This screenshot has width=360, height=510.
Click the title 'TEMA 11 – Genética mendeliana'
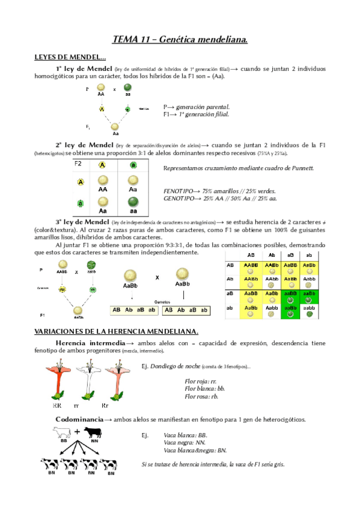(180, 40)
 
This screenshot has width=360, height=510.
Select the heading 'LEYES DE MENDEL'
(70, 57)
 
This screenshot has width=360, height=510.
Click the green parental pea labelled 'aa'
(127, 88)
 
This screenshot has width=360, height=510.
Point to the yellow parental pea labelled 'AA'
(101, 88)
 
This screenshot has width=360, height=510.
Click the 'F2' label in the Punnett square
(78, 164)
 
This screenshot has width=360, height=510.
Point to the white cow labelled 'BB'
(63, 432)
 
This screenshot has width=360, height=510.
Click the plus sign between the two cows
(77, 431)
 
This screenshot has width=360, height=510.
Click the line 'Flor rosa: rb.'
(201, 396)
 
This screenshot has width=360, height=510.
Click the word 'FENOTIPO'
(179, 189)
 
